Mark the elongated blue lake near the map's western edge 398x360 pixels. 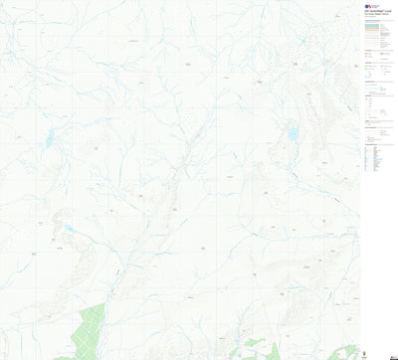coord(49,139)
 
